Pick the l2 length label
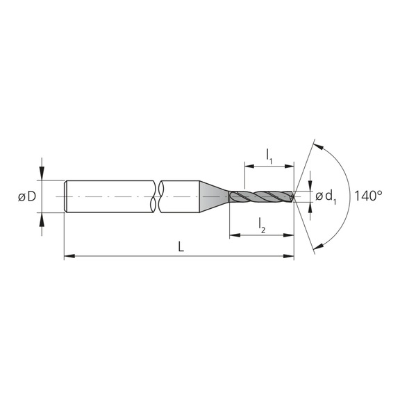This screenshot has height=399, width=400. click(x=261, y=224)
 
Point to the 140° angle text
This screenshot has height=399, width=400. click(x=368, y=196)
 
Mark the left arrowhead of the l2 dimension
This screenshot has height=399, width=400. click(x=233, y=235)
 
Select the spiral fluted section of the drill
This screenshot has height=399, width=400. click(x=260, y=197)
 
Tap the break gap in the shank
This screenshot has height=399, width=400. click(x=156, y=197)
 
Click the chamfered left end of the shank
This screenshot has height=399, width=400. click(x=66, y=197)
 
